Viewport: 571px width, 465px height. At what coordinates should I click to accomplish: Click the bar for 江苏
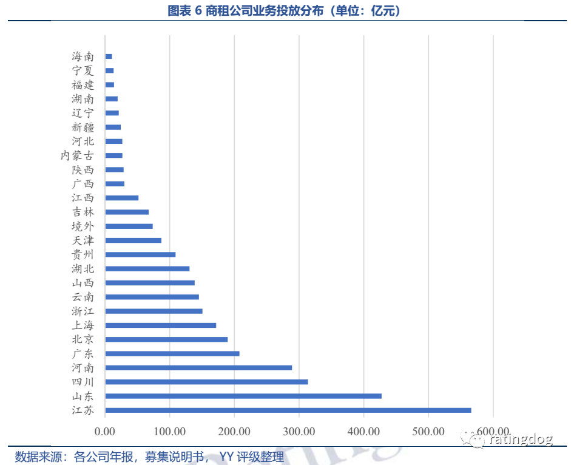pos(288,410)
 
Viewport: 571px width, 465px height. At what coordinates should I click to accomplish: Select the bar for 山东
pos(243,396)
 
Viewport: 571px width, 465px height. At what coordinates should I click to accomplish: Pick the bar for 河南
pos(198,368)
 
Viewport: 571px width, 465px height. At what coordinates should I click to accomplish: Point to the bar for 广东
pos(172,353)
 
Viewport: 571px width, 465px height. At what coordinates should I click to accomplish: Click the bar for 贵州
pos(140,254)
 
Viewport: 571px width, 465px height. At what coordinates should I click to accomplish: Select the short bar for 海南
pos(109,56)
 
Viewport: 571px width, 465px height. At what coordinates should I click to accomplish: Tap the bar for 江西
pos(121,198)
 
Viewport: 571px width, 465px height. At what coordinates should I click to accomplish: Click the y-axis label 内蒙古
pos(77,155)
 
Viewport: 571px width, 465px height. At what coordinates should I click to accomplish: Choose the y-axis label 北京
pos(83,339)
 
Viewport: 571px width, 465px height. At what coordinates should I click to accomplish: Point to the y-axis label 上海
pos(83,325)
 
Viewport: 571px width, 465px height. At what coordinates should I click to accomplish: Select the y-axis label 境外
pos(83,226)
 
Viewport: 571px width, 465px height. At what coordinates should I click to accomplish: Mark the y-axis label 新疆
pos(83,127)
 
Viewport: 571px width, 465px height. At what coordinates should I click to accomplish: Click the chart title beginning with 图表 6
pos(285,10)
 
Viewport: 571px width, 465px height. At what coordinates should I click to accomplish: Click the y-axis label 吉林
pos(83,212)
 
